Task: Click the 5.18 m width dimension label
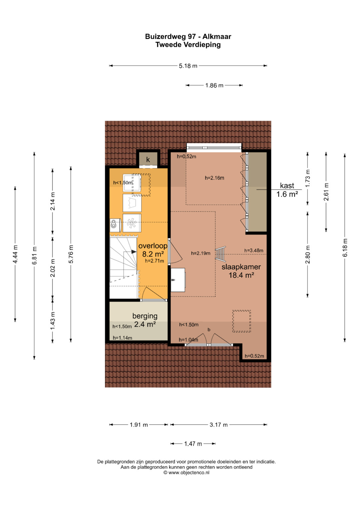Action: (188, 66)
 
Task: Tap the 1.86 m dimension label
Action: (214, 85)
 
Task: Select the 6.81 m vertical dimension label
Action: (34, 255)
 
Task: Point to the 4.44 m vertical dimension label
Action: (15, 254)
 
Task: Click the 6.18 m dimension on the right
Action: (345, 248)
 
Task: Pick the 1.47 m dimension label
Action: (193, 444)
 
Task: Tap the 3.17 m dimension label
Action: (218, 424)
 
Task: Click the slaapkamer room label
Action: (241, 267)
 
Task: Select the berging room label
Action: (145, 316)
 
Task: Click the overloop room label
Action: (153, 246)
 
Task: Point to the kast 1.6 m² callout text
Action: (287, 190)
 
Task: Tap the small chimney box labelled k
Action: (148, 159)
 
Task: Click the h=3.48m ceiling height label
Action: (254, 250)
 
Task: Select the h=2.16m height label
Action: (214, 178)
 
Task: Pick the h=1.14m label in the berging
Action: (122, 338)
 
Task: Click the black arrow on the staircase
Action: (133, 252)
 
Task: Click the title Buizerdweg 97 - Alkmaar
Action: (188, 37)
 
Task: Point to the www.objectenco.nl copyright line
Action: (186, 473)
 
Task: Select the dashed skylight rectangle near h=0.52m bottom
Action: (241, 321)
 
